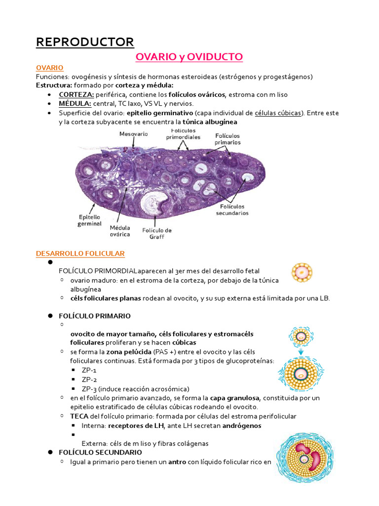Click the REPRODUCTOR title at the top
(x=85, y=42)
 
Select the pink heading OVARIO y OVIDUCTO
(x=189, y=57)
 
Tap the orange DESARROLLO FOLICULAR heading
(x=80, y=253)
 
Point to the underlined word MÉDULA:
(x=74, y=103)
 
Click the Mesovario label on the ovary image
(x=133, y=134)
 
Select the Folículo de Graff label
(x=157, y=233)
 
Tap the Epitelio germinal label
(x=89, y=220)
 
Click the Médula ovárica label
(x=120, y=231)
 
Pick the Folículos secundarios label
(x=232, y=210)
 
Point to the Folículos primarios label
(x=227, y=138)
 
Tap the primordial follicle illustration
(x=302, y=272)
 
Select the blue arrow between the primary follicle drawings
(x=302, y=351)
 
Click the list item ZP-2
(x=89, y=379)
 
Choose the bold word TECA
(x=79, y=417)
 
